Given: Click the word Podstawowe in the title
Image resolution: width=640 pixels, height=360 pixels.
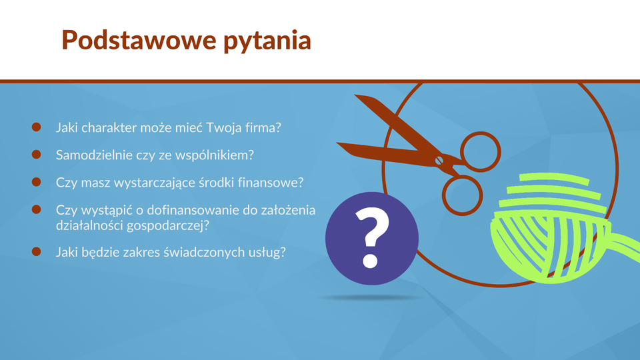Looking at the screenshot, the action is tap(139, 40).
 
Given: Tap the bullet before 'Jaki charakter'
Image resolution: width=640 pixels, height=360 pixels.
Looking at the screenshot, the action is tap(36, 127).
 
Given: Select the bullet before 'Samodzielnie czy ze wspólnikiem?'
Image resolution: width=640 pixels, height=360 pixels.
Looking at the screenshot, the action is tap(36, 154).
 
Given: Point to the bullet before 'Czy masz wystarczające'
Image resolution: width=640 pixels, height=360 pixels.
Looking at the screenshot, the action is tap(36, 181).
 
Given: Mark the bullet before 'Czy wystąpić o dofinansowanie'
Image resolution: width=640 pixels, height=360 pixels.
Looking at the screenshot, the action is tap(36, 209).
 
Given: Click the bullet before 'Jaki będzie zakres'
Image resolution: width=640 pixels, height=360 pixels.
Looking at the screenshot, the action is tap(36, 251).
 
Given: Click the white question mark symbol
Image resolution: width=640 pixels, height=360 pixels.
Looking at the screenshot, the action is tap(371, 237).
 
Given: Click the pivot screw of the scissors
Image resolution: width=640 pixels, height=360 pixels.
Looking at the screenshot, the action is tap(439, 161).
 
